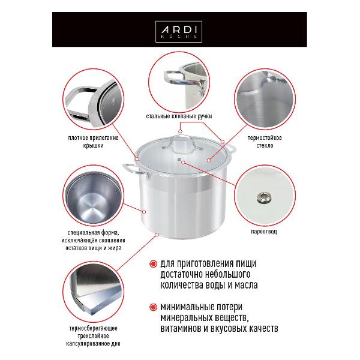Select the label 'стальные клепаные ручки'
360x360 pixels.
click(x=179, y=116)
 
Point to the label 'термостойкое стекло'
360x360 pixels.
click(x=260, y=141)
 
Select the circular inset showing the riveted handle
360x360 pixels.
click(x=179, y=80)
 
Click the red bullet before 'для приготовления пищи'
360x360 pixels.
click(x=155, y=263)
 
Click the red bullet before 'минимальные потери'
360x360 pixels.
click(x=155, y=307)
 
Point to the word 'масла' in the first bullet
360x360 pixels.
click(x=260, y=285)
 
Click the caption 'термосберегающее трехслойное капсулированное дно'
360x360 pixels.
click(x=94, y=337)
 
